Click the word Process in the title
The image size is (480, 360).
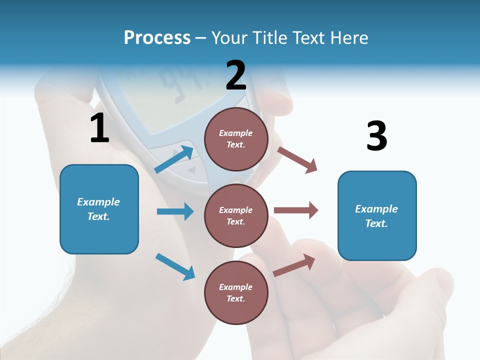pos(157,37)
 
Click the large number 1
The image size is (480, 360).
pos(99,128)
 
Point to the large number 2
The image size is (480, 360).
pos(236,75)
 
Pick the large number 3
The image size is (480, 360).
pos(376,136)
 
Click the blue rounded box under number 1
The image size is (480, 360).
pos(99,209)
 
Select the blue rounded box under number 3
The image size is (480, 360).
pos(377,215)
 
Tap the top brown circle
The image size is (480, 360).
pos(236,139)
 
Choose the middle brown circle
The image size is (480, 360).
pos(236,215)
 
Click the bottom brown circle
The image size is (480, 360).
pos(236,292)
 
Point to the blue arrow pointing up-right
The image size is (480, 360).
pos(174,159)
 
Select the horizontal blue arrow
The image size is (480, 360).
pos(175,211)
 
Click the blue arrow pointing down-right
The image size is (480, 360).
pos(175,266)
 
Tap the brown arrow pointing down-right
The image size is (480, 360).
pos(297,159)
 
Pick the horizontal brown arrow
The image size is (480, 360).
pos(296,210)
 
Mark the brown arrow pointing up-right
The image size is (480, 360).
pos(294,265)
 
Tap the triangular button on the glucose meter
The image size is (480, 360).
pos(191,170)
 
